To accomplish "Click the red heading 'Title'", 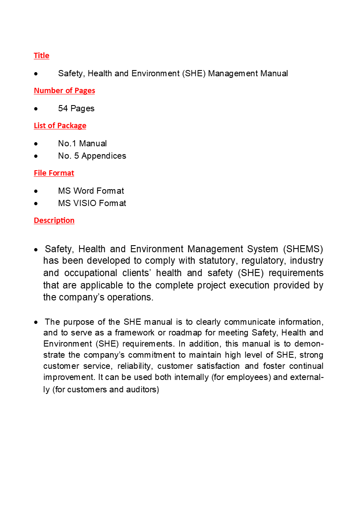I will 41,56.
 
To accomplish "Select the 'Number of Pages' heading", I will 64,91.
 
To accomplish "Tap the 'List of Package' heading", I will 60,126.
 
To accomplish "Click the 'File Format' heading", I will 54,173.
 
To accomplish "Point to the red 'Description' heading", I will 54,220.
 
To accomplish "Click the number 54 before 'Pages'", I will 63,108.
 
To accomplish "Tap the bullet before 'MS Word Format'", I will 37,191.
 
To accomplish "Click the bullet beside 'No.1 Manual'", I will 37,144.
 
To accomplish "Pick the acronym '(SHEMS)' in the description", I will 303,249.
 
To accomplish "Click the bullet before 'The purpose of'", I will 37,322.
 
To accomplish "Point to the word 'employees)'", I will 248,377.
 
